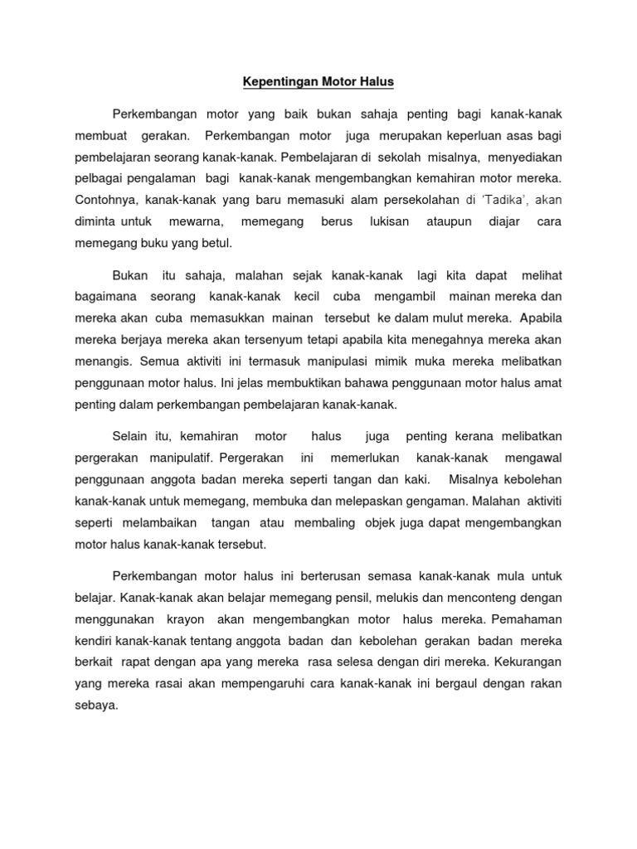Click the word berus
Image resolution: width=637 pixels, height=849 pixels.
click(337, 222)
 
